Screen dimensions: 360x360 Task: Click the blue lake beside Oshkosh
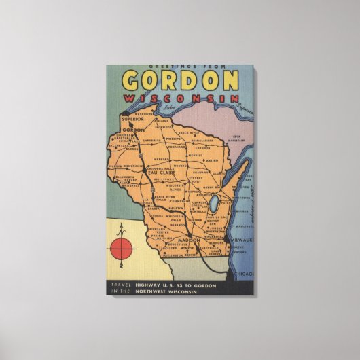[213, 203]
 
